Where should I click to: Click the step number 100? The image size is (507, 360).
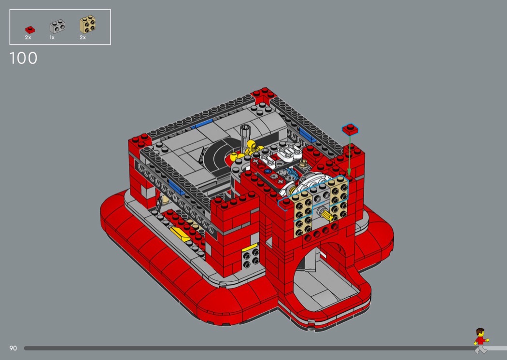(23, 58)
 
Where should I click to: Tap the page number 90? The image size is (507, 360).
(13, 348)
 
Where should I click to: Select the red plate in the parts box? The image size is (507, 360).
(30, 30)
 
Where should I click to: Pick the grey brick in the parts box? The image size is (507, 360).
(57, 26)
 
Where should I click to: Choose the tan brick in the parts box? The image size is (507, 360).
(87, 24)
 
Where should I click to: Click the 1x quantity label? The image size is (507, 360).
(52, 38)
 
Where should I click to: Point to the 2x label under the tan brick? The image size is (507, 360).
(83, 38)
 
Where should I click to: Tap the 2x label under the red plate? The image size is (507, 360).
(28, 38)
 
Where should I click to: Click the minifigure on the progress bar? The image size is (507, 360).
(481, 341)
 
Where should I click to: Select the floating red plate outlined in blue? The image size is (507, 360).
(350, 129)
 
